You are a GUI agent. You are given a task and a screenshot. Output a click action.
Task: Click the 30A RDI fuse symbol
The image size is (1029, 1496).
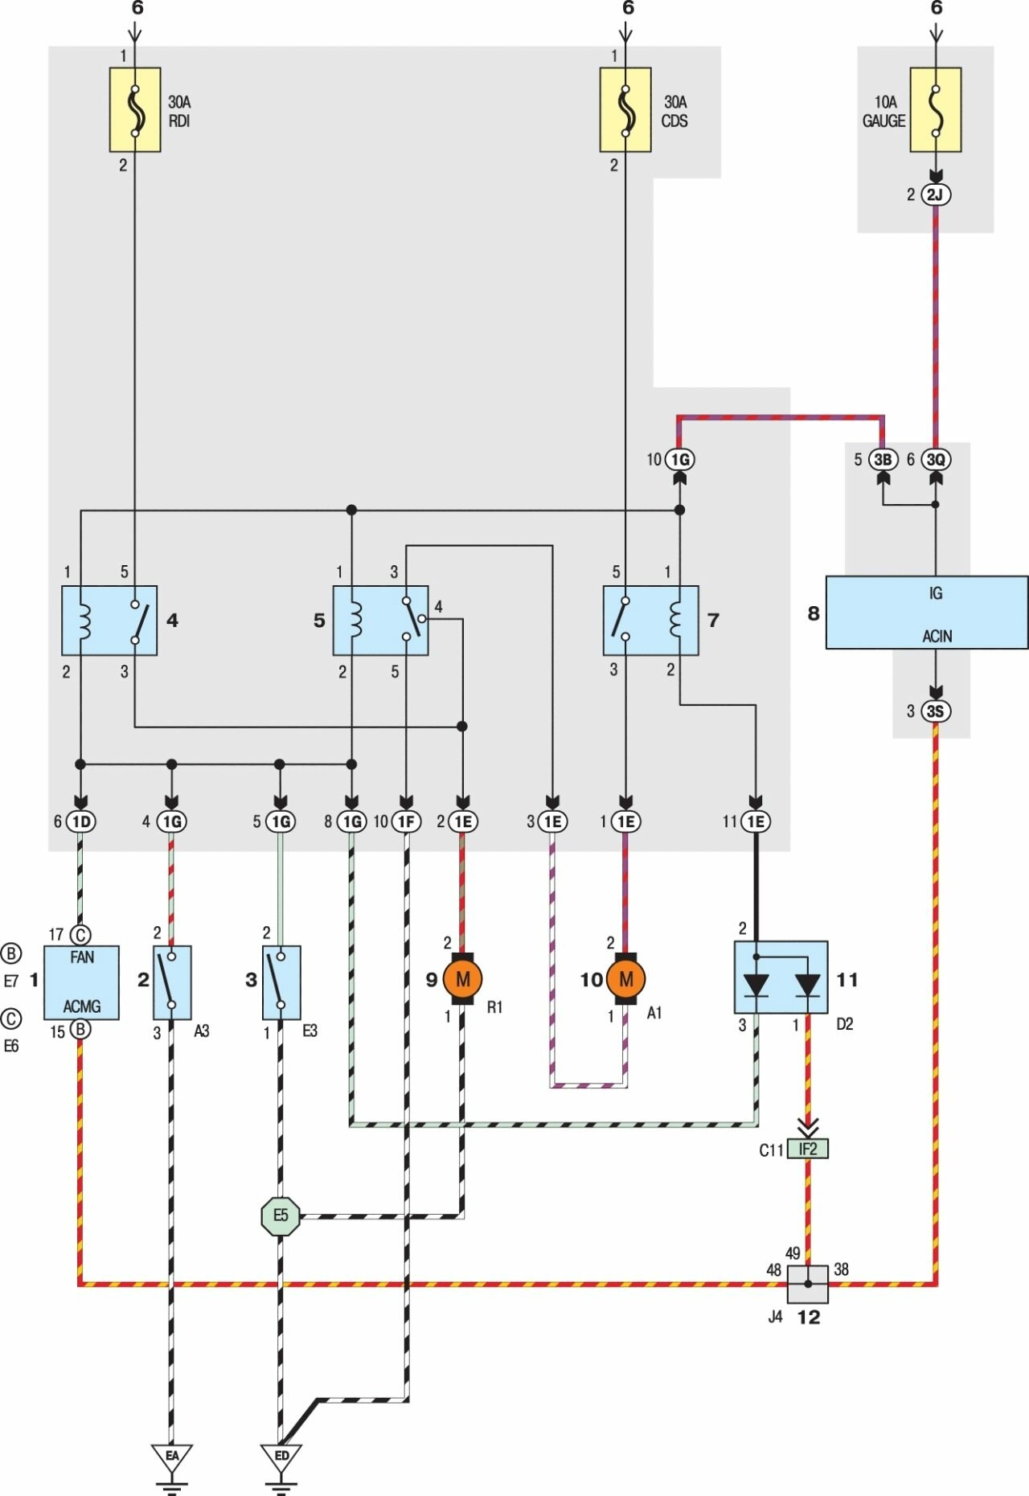[x=135, y=110]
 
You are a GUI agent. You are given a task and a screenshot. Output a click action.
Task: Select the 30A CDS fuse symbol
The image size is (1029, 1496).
[x=625, y=110]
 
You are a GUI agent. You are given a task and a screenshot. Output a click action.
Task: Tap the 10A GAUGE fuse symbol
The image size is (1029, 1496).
[x=935, y=110]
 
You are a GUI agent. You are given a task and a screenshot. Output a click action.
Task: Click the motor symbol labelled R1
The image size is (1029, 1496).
[x=462, y=978]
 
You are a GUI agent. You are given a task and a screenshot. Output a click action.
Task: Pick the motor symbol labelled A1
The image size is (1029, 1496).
[x=626, y=978]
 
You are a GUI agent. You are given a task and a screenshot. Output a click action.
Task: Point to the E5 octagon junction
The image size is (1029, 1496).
[x=281, y=1215]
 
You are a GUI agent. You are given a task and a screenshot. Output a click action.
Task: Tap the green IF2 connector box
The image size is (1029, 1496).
[x=808, y=1150]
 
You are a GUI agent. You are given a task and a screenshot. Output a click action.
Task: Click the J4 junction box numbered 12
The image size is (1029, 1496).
[x=808, y=1284]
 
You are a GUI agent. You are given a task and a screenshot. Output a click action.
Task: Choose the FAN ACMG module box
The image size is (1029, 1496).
[x=81, y=982]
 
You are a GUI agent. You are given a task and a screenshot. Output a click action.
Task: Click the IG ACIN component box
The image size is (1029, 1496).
[x=927, y=613]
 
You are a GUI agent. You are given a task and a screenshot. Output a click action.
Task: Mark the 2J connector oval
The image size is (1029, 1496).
[x=935, y=195]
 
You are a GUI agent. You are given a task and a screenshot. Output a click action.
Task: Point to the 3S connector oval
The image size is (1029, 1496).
[x=935, y=711]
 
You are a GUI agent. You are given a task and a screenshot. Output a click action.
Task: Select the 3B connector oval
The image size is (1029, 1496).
[x=883, y=460]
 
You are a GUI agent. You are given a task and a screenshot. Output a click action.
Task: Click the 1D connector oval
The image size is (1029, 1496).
[x=80, y=822]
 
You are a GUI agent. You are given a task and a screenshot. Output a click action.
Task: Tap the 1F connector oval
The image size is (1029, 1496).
[x=407, y=822]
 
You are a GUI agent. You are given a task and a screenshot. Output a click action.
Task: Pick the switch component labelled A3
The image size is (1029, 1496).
[x=172, y=982]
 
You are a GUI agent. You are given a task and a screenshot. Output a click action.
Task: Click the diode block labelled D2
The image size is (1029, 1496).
[x=781, y=978]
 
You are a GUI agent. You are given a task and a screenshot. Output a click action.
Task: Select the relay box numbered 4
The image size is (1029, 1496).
[x=109, y=621]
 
